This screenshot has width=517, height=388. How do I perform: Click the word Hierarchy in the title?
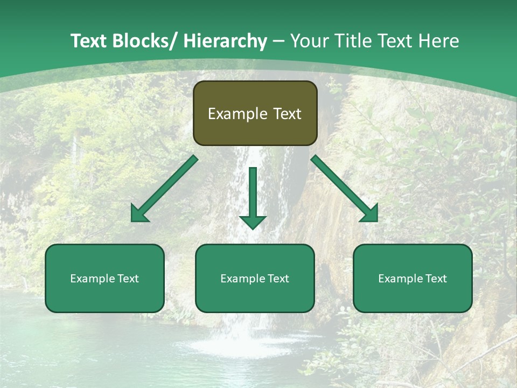[225, 41]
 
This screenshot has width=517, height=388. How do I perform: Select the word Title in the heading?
[353, 41]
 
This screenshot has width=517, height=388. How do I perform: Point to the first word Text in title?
[89, 41]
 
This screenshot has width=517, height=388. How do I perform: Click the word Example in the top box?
[237, 114]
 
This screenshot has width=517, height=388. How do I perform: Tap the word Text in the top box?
[287, 114]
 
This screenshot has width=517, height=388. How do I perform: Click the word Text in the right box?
[436, 279]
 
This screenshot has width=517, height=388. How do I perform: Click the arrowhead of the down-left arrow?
[139, 214]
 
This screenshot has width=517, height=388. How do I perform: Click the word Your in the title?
[310, 41]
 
